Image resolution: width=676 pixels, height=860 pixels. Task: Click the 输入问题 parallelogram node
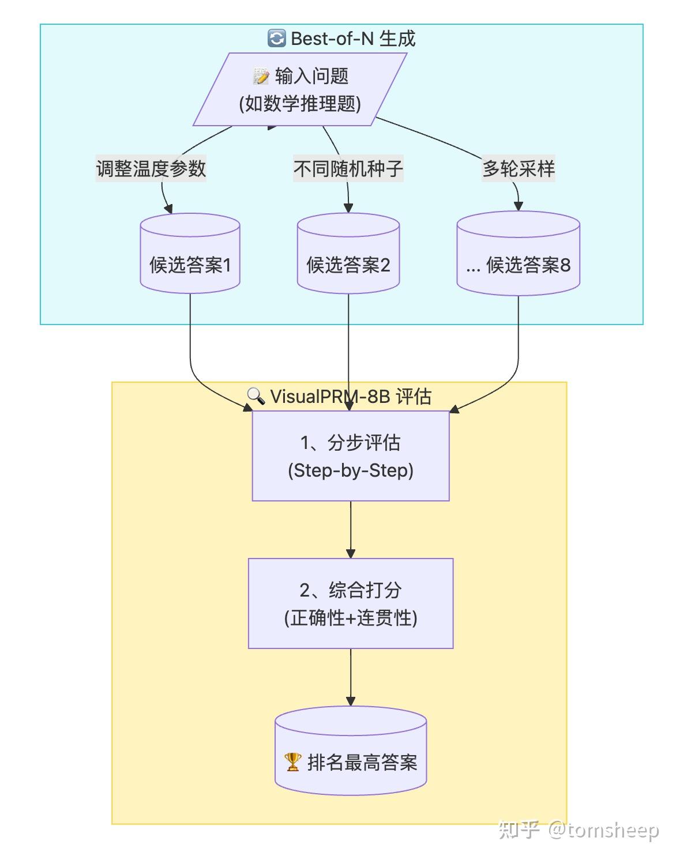(x=300, y=89)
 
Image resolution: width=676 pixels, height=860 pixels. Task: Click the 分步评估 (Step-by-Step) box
(x=351, y=456)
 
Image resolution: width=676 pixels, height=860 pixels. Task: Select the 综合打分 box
(x=351, y=603)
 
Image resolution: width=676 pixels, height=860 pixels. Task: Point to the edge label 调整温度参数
(x=151, y=169)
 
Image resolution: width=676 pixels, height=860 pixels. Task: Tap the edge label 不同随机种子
(x=348, y=169)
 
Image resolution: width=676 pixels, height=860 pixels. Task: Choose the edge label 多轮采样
(x=518, y=169)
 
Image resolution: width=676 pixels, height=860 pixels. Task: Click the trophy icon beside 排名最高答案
(x=293, y=762)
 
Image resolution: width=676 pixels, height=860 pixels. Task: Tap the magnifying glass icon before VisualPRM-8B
(x=256, y=396)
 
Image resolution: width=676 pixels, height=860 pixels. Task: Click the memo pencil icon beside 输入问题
(x=261, y=76)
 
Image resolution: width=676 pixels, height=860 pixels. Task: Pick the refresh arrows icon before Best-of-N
(x=277, y=39)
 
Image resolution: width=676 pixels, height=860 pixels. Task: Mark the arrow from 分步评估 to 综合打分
(x=351, y=529)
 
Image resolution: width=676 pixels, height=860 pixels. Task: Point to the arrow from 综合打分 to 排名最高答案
(x=351, y=677)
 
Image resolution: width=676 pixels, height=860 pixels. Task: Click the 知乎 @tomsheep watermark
(x=578, y=830)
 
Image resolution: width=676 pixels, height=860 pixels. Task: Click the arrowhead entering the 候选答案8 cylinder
(x=518, y=207)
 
